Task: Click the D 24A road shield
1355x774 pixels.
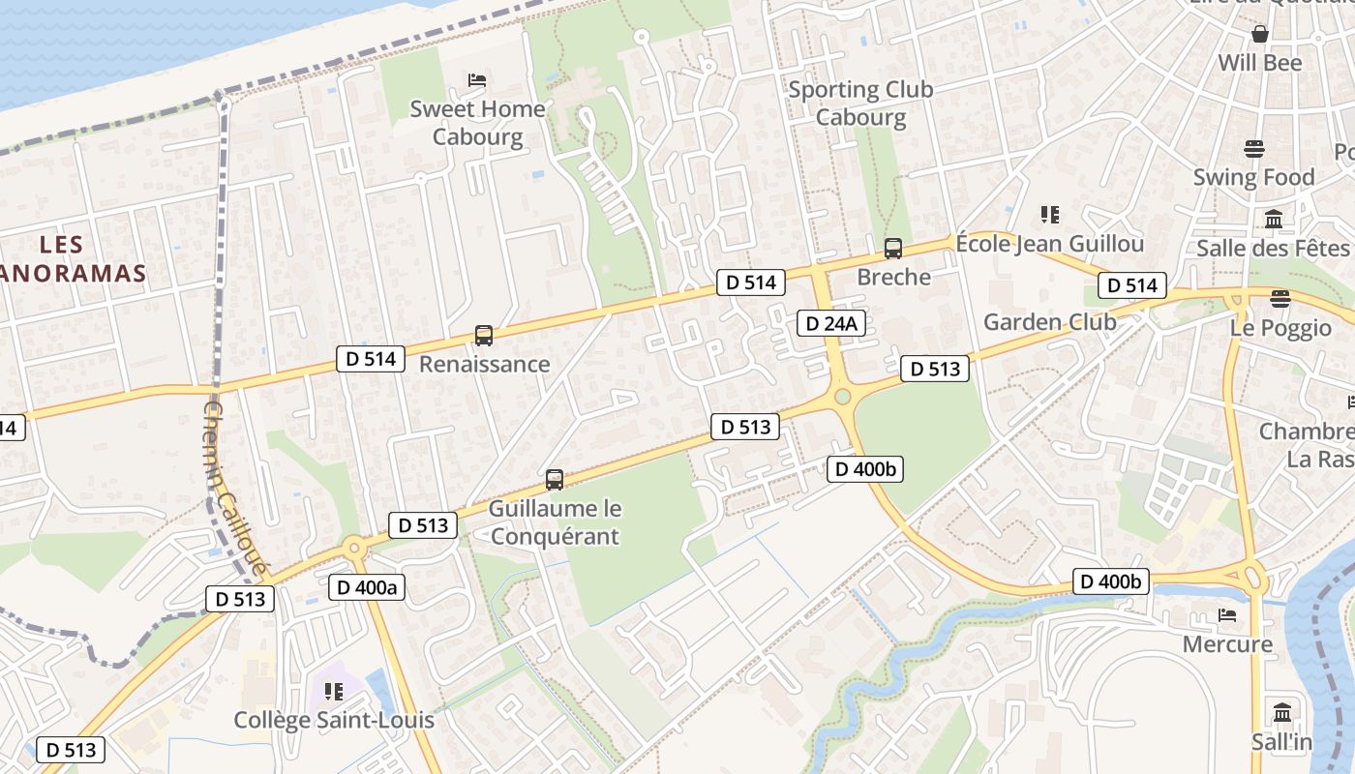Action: pyautogui.click(x=830, y=323)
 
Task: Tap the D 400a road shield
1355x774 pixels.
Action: pyautogui.click(x=366, y=586)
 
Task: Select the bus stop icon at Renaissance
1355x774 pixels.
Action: pyautogui.click(x=484, y=336)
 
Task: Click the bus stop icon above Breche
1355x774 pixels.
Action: pyautogui.click(x=893, y=249)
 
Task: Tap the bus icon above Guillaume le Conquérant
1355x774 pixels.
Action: pyautogui.click(x=555, y=479)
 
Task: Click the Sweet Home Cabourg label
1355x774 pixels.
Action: pyautogui.click(x=477, y=122)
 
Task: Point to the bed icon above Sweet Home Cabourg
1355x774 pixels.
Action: pyautogui.click(x=476, y=79)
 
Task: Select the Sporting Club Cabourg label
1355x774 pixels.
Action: pyautogui.click(x=860, y=103)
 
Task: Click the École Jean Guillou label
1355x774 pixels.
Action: pyautogui.click(x=1049, y=243)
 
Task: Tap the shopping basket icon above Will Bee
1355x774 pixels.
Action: pyautogui.click(x=1260, y=34)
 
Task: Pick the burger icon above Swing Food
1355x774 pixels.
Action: pyautogui.click(x=1254, y=149)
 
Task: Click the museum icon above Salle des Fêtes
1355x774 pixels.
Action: pyautogui.click(x=1274, y=220)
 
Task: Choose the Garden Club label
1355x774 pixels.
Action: pyautogui.click(x=1049, y=321)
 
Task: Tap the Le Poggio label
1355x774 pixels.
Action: pyautogui.click(x=1280, y=327)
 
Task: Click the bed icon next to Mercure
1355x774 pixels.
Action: pyautogui.click(x=1227, y=615)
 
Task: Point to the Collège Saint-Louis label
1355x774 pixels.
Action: pyautogui.click(x=334, y=720)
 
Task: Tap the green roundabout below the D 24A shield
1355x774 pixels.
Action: pyautogui.click(x=842, y=396)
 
